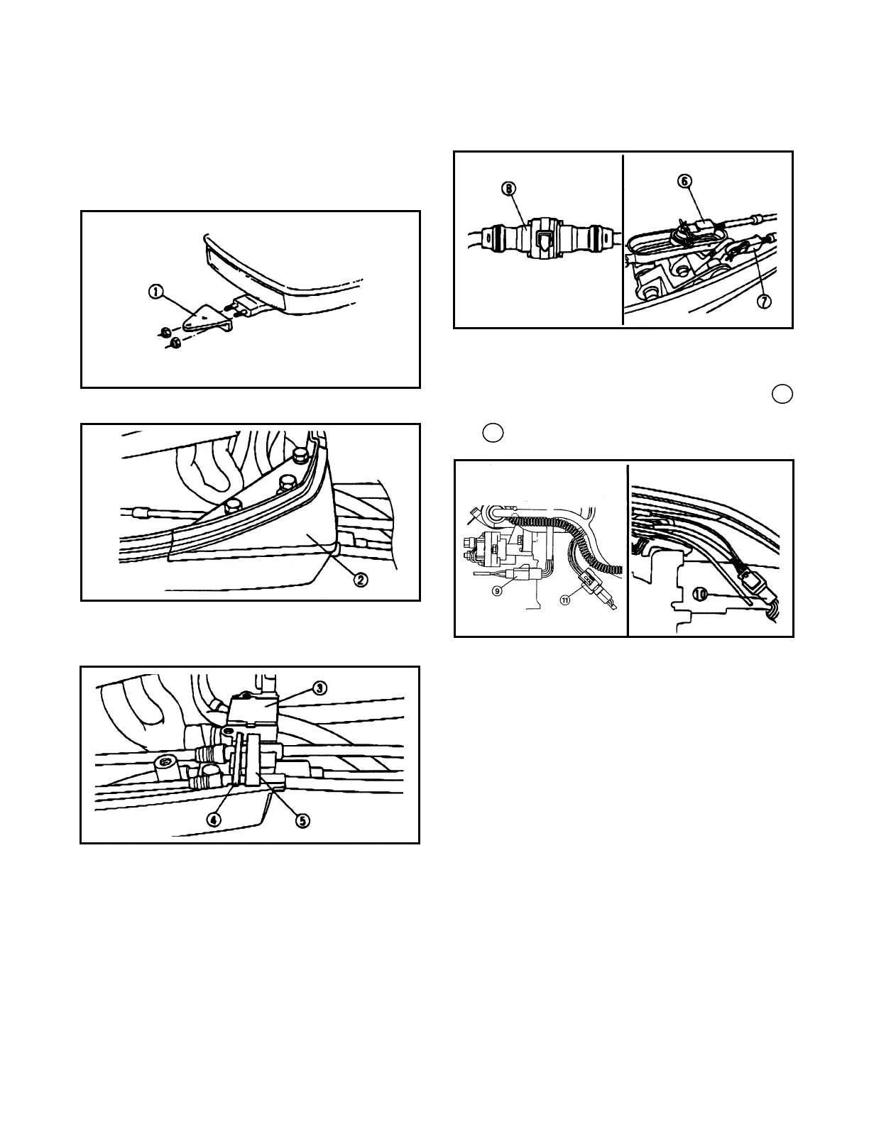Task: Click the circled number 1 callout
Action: [155, 290]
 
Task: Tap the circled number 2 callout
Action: [361, 580]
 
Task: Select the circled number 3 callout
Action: [320, 688]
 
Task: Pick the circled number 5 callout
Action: [302, 820]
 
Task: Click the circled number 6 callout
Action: [685, 181]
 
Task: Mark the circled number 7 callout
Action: [764, 302]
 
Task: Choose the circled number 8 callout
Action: [510, 189]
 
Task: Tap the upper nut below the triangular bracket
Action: [163, 331]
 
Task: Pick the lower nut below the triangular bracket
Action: [173, 344]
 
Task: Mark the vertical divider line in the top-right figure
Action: [623, 239]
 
